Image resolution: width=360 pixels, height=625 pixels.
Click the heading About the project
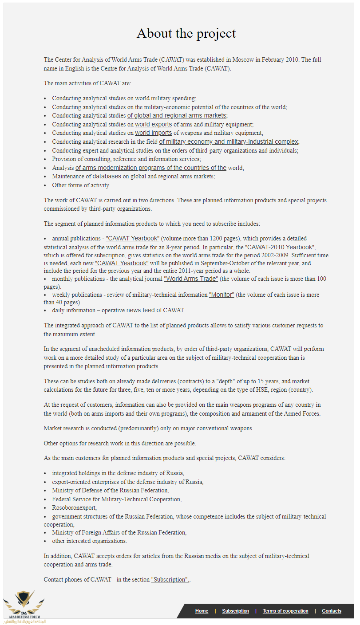tap(186, 33)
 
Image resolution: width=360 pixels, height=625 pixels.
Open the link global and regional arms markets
tap(177, 116)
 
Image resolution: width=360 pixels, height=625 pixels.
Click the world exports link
tap(153, 125)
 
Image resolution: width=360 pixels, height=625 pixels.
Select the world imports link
tap(153, 133)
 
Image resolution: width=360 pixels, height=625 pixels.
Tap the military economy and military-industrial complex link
tap(229, 142)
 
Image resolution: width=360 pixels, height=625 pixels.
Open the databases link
tap(107, 177)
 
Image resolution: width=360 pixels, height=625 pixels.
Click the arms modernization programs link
tap(151, 168)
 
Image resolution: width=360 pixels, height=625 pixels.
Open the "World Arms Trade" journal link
tap(191, 279)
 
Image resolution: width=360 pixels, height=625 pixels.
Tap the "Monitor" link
tap(222, 295)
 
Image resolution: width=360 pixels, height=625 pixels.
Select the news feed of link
tap(144, 311)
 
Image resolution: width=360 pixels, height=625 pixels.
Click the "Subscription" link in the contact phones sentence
tap(170, 580)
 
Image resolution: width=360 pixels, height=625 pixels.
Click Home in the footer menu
tap(202, 611)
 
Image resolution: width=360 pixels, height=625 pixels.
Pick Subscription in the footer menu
tap(235, 611)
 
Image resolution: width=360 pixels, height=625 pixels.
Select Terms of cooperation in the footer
tap(285, 611)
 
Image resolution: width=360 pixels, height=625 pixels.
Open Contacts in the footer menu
tap(332, 611)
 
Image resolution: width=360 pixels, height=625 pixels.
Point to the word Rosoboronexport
tap(74, 507)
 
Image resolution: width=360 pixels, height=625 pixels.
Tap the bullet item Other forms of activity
tap(81, 185)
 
